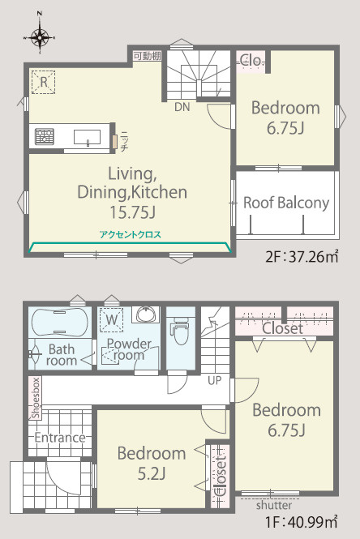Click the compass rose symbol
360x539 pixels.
pyautogui.click(x=40, y=36)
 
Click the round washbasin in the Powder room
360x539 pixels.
pyautogui.click(x=146, y=314)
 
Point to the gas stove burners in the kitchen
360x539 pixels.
pyautogui.click(x=45, y=136)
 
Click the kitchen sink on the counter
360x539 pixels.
pyautogui.click(x=88, y=137)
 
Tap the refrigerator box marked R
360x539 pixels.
pyautogui.click(x=44, y=82)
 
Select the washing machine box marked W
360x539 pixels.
pyautogui.click(x=111, y=320)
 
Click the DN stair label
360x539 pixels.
pyautogui.click(x=182, y=107)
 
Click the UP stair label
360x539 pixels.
pyautogui.click(x=215, y=380)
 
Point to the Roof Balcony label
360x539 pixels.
pyautogui.click(x=286, y=203)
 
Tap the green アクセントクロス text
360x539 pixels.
pyautogui.click(x=131, y=235)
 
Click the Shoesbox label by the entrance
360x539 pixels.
pyautogui.click(x=36, y=398)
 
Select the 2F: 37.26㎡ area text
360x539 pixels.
pyautogui.click(x=302, y=257)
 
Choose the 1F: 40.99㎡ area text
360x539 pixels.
pyautogui.click(x=301, y=522)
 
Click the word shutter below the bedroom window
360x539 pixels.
pyautogui.click(x=274, y=505)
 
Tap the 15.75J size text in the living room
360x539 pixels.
pyautogui.click(x=132, y=212)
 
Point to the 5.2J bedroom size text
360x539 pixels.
pyautogui.click(x=152, y=474)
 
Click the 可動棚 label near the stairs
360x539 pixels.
pyautogui.click(x=148, y=56)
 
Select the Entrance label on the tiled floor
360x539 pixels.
pyautogui.click(x=60, y=438)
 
